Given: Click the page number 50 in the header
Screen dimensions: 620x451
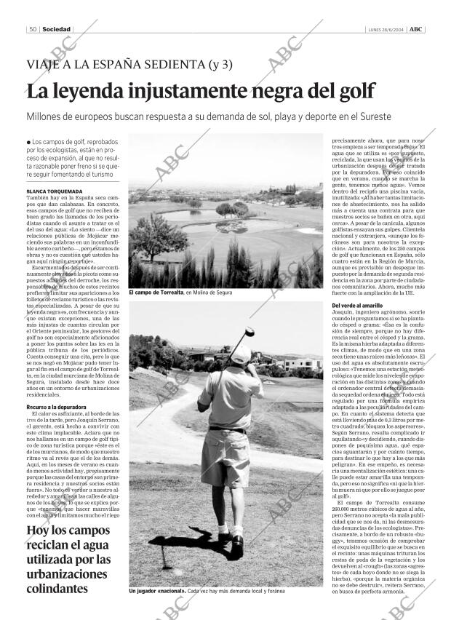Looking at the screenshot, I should tap(33, 29).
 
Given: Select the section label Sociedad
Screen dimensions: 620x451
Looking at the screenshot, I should tap(56, 29).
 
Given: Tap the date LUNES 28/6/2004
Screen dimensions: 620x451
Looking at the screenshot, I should tap(383, 29).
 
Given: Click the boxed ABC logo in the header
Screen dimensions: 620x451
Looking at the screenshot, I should tap(415, 29).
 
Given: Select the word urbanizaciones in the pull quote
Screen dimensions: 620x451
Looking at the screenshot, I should tap(66, 574).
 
